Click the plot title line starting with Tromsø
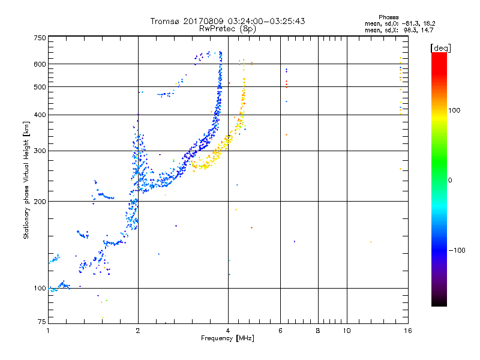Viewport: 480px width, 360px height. pos(227,21)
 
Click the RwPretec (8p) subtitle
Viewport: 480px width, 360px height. pos(228,28)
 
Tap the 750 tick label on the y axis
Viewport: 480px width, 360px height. pos(40,38)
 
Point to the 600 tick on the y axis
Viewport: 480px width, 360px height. pos(40,64)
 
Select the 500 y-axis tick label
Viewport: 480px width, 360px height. pos(40,87)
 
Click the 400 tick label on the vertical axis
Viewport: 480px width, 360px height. pos(40,115)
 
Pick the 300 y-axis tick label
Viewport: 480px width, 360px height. pos(40,151)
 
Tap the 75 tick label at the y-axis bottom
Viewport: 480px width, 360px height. pos(42,322)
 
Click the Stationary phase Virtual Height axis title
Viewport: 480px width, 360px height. pos(26,180)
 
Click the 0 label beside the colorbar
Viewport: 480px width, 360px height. pos(450,180)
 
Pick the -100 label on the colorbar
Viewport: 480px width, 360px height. pos(458,250)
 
